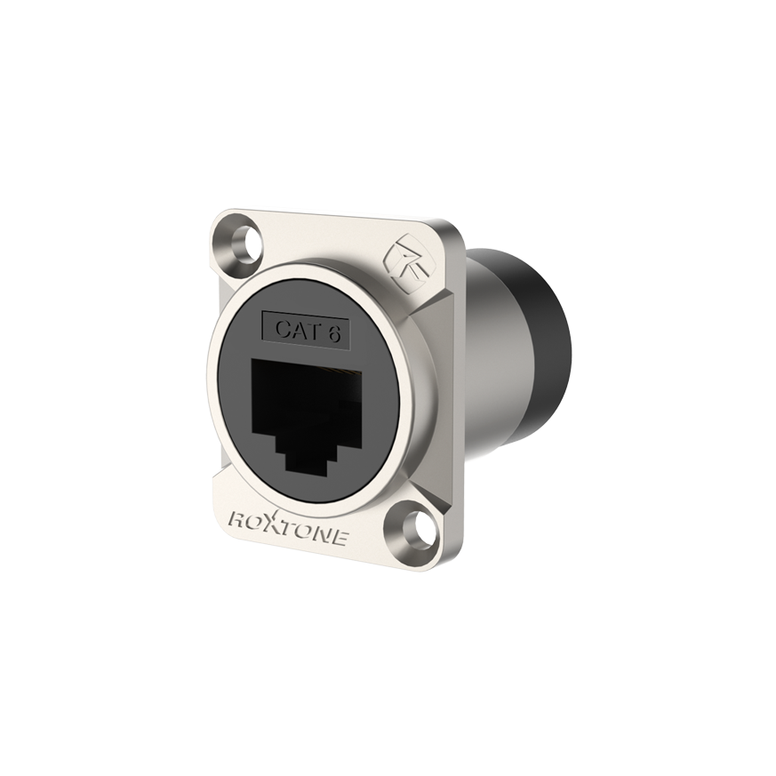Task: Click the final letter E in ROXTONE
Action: click(348, 536)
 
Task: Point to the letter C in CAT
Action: click(280, 329)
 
